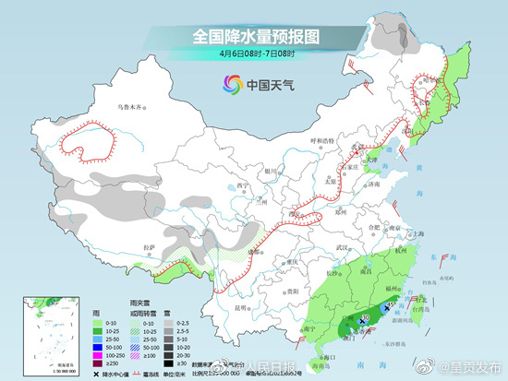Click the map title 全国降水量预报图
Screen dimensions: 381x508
click(x=254, y=36)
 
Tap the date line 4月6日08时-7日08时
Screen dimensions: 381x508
click(x=254, y=54)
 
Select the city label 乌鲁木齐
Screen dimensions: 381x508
click(x=132, y=108)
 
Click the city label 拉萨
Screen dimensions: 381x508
click(x=150, y=247)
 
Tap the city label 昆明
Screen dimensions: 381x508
click(x=241, y=306)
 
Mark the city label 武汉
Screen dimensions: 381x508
click(x=345, y=248)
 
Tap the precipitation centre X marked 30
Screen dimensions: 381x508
click(x=362, y=319)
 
